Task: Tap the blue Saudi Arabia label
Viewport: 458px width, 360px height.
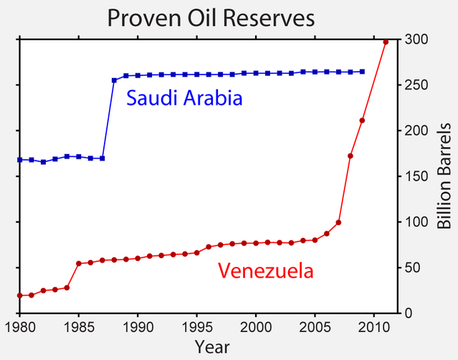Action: tap(184, 98)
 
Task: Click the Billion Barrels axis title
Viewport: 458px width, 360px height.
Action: tap(444, 176)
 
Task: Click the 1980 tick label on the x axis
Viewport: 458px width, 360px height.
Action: tap(19, 327)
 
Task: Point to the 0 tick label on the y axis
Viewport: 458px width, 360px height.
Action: tap(409, 313)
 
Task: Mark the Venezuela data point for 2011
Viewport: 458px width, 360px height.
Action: tap(386, 42)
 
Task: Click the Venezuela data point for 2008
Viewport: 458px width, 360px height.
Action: tap(350, 156)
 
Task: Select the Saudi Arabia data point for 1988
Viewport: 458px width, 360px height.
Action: tap(114, 80)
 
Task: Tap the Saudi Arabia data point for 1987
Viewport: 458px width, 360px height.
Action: tap(102, 158)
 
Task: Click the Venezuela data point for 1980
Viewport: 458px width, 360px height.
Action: tap(19, 295)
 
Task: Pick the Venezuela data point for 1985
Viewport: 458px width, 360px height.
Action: tap(79, 263)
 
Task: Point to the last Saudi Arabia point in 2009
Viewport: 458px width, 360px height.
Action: tap(362, 72)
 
